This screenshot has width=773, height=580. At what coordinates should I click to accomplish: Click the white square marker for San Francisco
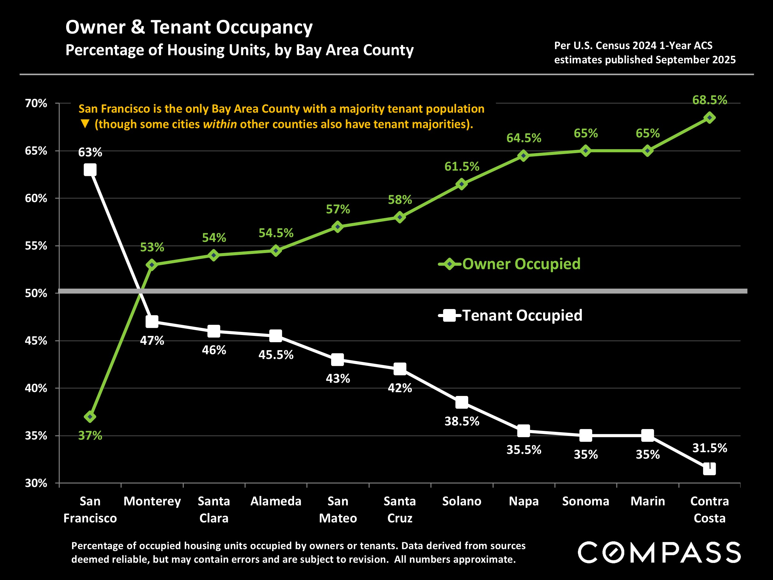[x=90, y=170]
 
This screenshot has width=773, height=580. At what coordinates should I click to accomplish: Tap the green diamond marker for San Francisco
[x=90, y=417]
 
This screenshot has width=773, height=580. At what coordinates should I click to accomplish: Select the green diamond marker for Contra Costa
[x=709, y=118]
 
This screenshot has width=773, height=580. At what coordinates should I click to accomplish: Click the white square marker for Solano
[x=462, y=402]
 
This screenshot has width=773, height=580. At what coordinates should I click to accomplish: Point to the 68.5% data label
[x=709, y=100]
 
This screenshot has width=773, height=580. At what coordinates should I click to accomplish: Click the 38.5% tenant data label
[x=462, y=421]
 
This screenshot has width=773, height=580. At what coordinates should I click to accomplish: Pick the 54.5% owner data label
[x=276, y=233]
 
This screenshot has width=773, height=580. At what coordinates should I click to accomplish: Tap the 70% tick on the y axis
[x=36, y=104]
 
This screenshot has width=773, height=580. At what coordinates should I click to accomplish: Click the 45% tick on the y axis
[x=36, y=341]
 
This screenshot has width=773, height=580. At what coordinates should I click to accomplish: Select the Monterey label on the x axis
[x=152, y=501]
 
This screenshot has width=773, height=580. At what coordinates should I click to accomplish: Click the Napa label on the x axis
[x=523, y=501]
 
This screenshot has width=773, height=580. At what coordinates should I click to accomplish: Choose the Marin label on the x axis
[x=647, y=501]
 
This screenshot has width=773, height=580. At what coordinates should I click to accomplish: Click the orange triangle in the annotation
[x=85, y=124]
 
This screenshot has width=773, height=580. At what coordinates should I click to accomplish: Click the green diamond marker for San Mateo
[x=338, y=227]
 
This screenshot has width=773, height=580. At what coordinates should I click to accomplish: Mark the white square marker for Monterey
[x=152, y=322]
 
